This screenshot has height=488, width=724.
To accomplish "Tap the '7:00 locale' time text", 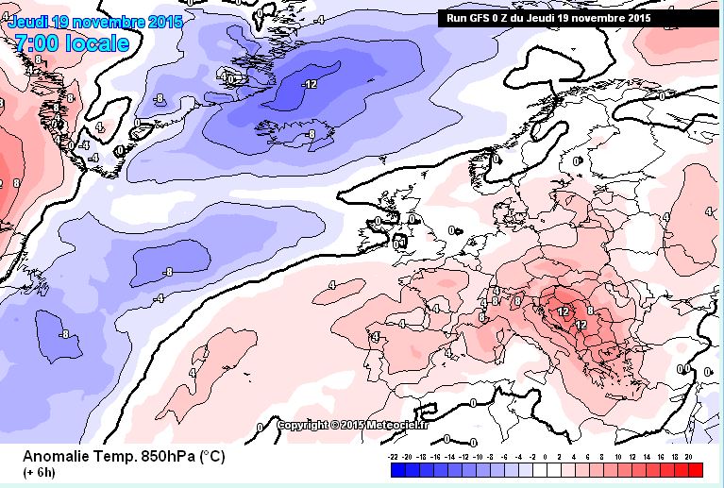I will tap(72, 42).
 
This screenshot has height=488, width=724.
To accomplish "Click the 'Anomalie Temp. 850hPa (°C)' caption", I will tap(123, 456).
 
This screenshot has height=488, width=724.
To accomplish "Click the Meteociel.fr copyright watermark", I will tap(353, 425).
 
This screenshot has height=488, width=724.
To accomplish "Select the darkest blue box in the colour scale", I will tap(399, 469).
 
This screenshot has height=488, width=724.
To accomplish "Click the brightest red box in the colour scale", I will tap(696, 469).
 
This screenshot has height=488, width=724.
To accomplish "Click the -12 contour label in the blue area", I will tap(308, 84).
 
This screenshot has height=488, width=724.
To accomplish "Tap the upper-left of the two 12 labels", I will tap(564, 311).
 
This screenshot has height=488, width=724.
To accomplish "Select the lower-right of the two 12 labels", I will tap(581, 324).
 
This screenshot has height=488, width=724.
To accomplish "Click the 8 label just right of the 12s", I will tap(589, 309).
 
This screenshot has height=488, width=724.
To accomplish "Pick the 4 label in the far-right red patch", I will tap(665, 217).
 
